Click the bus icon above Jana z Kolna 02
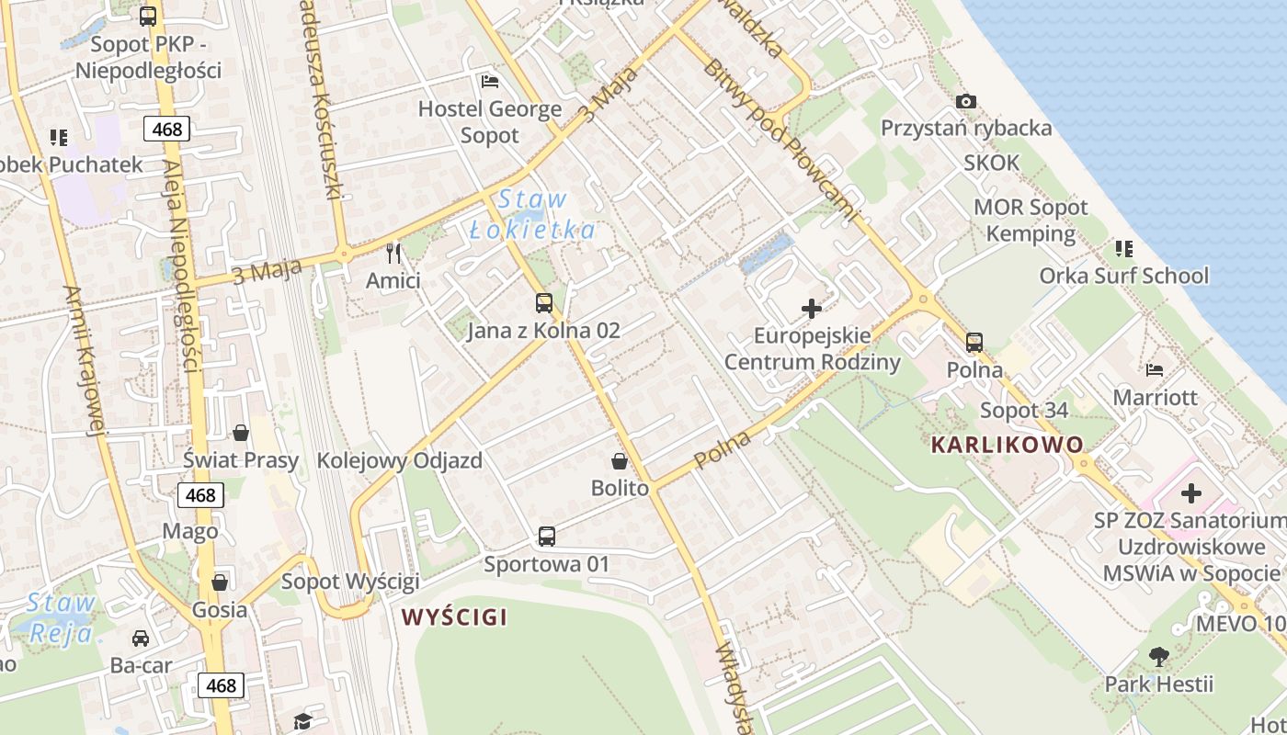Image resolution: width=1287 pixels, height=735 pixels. click(x=544, y=302)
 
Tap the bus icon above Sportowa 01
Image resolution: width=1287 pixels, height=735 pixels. click(x=547, y=536)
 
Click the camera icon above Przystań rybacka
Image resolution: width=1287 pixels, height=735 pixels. click(x=965, y=101)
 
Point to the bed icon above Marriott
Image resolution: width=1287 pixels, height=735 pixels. click(x=1155, y=369)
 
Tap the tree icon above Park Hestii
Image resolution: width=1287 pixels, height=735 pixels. click(x=1158, y=656)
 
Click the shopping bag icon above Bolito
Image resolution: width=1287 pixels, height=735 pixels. click(x=620, y=460)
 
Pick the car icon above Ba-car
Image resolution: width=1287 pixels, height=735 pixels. click(x=141, y=638)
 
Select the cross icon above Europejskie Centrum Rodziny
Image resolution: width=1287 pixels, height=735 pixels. click(x=812, y=308)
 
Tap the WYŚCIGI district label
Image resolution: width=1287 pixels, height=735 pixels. click(x=454, y=617)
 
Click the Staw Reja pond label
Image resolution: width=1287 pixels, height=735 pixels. click(x=61, y=617)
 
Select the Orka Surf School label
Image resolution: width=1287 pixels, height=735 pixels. click(x=1123, y=276)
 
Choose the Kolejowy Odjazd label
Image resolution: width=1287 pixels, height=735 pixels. click(x=399, y=460)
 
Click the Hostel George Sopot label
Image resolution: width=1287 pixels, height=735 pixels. click(x=490, y=122)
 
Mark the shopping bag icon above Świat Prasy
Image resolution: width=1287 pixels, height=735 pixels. click(x=241, y=432)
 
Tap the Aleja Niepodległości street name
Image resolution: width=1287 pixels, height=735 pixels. click(x=180, y=266)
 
